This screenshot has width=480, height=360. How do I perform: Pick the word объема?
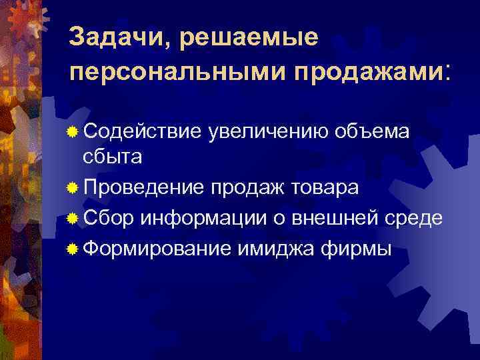(375, 131)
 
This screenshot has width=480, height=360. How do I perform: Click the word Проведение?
(141, 187)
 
